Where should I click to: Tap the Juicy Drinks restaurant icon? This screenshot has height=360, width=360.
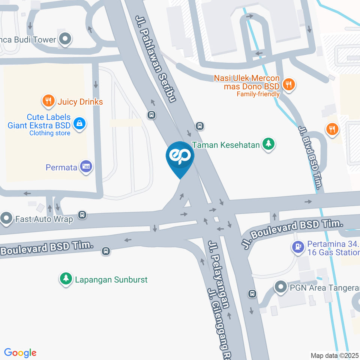48,100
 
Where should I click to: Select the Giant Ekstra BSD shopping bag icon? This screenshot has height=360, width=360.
79,123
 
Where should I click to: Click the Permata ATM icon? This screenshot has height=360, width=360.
87,166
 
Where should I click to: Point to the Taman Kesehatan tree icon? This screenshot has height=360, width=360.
268,144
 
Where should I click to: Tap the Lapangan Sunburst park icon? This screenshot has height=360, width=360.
66,279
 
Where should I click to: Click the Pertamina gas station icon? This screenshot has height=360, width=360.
298,247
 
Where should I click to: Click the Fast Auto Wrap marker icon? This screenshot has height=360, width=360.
6,218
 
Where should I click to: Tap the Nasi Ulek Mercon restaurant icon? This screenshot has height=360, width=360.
288,85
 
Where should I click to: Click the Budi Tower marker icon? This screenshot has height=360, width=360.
66,39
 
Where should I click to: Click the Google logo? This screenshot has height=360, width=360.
20,353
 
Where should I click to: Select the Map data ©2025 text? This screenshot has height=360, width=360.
335,355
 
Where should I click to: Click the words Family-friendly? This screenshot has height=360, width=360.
258,94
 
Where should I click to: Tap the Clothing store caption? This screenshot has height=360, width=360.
50,133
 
